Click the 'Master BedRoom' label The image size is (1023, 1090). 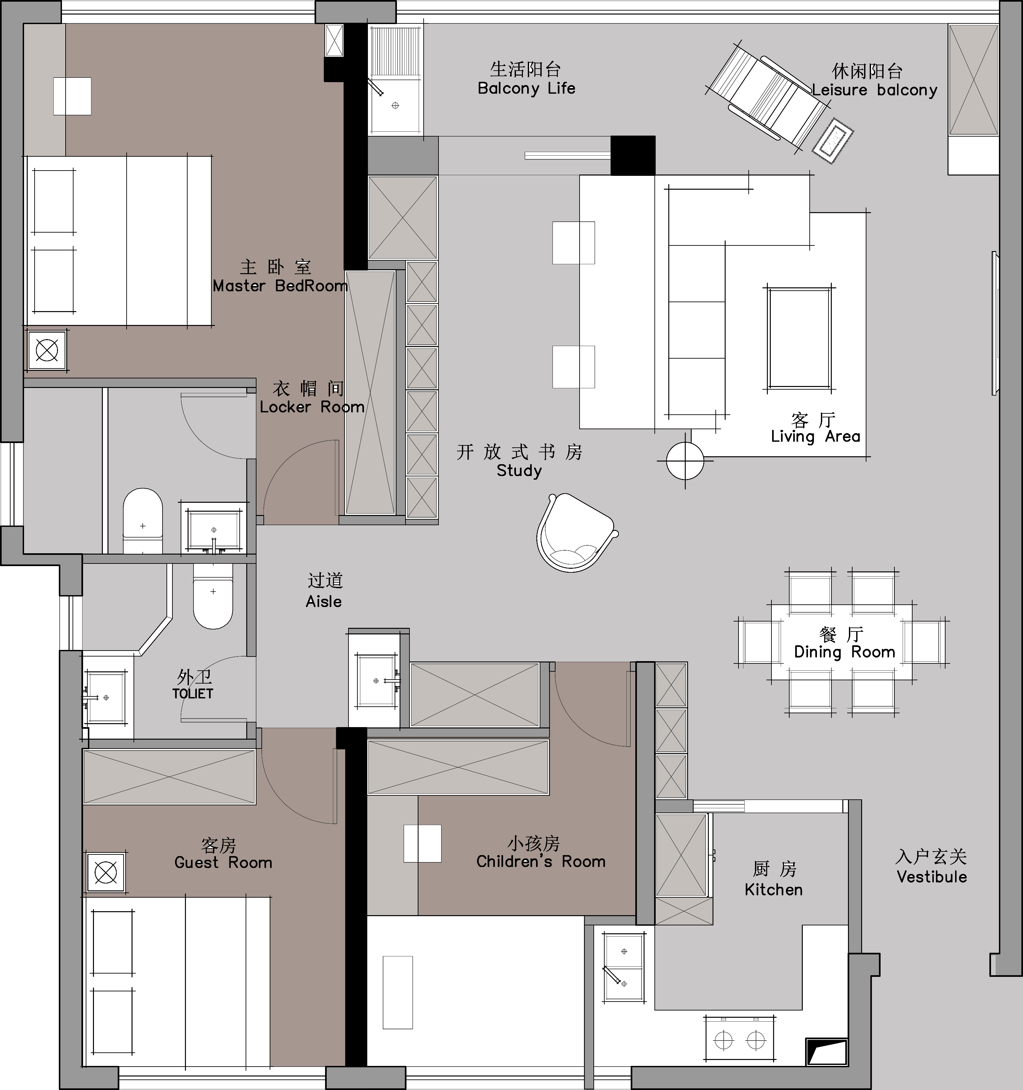[x=280, y=286]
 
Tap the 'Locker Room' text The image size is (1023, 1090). [x=312, y=407]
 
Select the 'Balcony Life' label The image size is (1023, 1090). [x=527, y=88]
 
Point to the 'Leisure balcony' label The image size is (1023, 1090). [x=875, y=90]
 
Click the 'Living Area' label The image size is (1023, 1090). [x=815, y=436]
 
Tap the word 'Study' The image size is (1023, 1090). [x=519, y=470]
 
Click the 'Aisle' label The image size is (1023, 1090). [x=323, y=601]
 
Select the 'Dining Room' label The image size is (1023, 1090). [x=844, y=652]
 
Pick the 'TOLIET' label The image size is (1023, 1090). [x=192, y=693]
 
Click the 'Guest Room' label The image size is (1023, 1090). [x=223, y=862]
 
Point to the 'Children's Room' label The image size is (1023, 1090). [x=541, y=861]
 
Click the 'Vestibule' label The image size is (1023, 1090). [x=931, y=876]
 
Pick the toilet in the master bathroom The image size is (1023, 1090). [x=142, y=521]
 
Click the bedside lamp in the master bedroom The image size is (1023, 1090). [x=47, y=350]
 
